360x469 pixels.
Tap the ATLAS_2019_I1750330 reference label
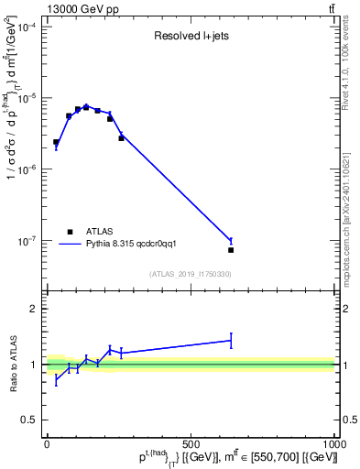[190, 274]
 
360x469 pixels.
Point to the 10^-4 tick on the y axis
[27, 27]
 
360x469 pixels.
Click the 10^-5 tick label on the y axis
[27, 98]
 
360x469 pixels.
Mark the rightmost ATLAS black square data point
[231, 250]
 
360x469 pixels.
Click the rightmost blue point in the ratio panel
[231, 341]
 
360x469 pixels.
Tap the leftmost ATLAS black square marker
[56, 142]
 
